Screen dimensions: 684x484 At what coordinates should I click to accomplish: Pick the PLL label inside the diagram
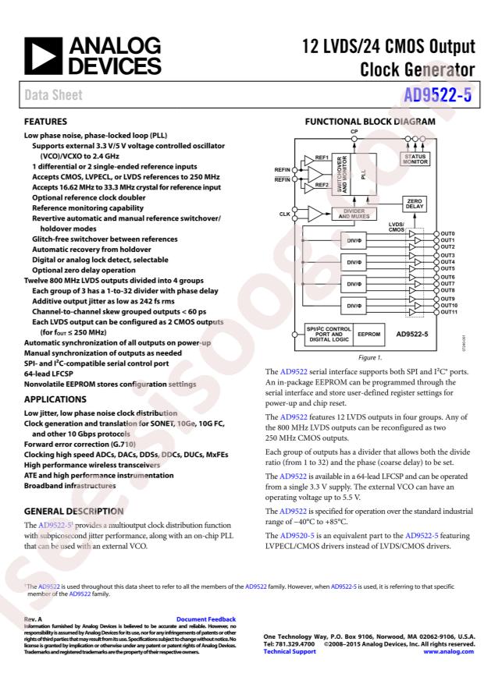click(x=365, y=176)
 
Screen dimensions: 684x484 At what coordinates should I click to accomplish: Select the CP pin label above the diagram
click(x=354, y=132)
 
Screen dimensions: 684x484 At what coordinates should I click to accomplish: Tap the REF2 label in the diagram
click(x=321, y=186)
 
